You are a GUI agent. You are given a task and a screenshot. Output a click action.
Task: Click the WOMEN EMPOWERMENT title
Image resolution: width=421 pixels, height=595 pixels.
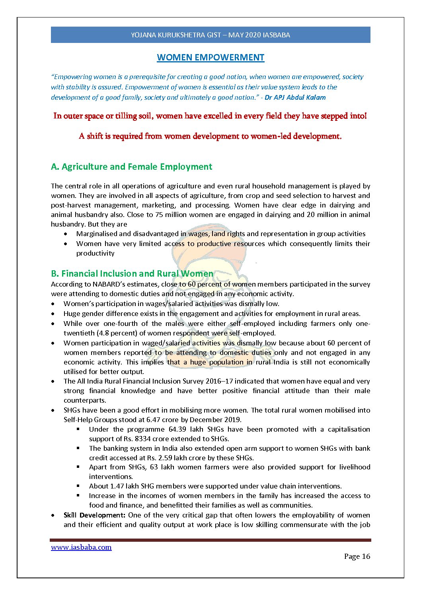(x=210, y=58)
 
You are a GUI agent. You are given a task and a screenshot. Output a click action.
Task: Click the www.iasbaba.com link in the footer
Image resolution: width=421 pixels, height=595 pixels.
(x=81, y=547)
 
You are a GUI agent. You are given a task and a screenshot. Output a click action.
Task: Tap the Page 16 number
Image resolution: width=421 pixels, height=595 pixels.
(x=357, y=556)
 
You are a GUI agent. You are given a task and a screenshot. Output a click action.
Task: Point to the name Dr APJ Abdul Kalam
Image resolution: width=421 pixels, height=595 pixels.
(x=295, y=97)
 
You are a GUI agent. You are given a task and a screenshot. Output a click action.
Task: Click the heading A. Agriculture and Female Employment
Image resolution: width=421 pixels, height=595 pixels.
(x=131, y=167)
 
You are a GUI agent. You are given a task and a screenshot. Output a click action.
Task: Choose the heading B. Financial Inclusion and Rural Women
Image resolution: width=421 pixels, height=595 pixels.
(x=132, y=273)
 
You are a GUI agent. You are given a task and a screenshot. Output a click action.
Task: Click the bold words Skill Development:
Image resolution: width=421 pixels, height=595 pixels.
(x=95, y=515)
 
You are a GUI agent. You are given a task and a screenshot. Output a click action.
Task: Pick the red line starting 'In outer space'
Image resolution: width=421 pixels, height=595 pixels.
(x=210, y=116)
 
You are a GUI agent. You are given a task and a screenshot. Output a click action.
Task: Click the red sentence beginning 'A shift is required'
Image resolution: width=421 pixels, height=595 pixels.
(x=210, y=136)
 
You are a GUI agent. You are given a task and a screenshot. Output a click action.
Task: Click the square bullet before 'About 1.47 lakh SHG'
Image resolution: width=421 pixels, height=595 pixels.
(x=78, y=486)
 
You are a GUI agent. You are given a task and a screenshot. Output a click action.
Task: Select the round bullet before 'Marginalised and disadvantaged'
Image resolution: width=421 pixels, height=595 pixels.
(x=66, y=234)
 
